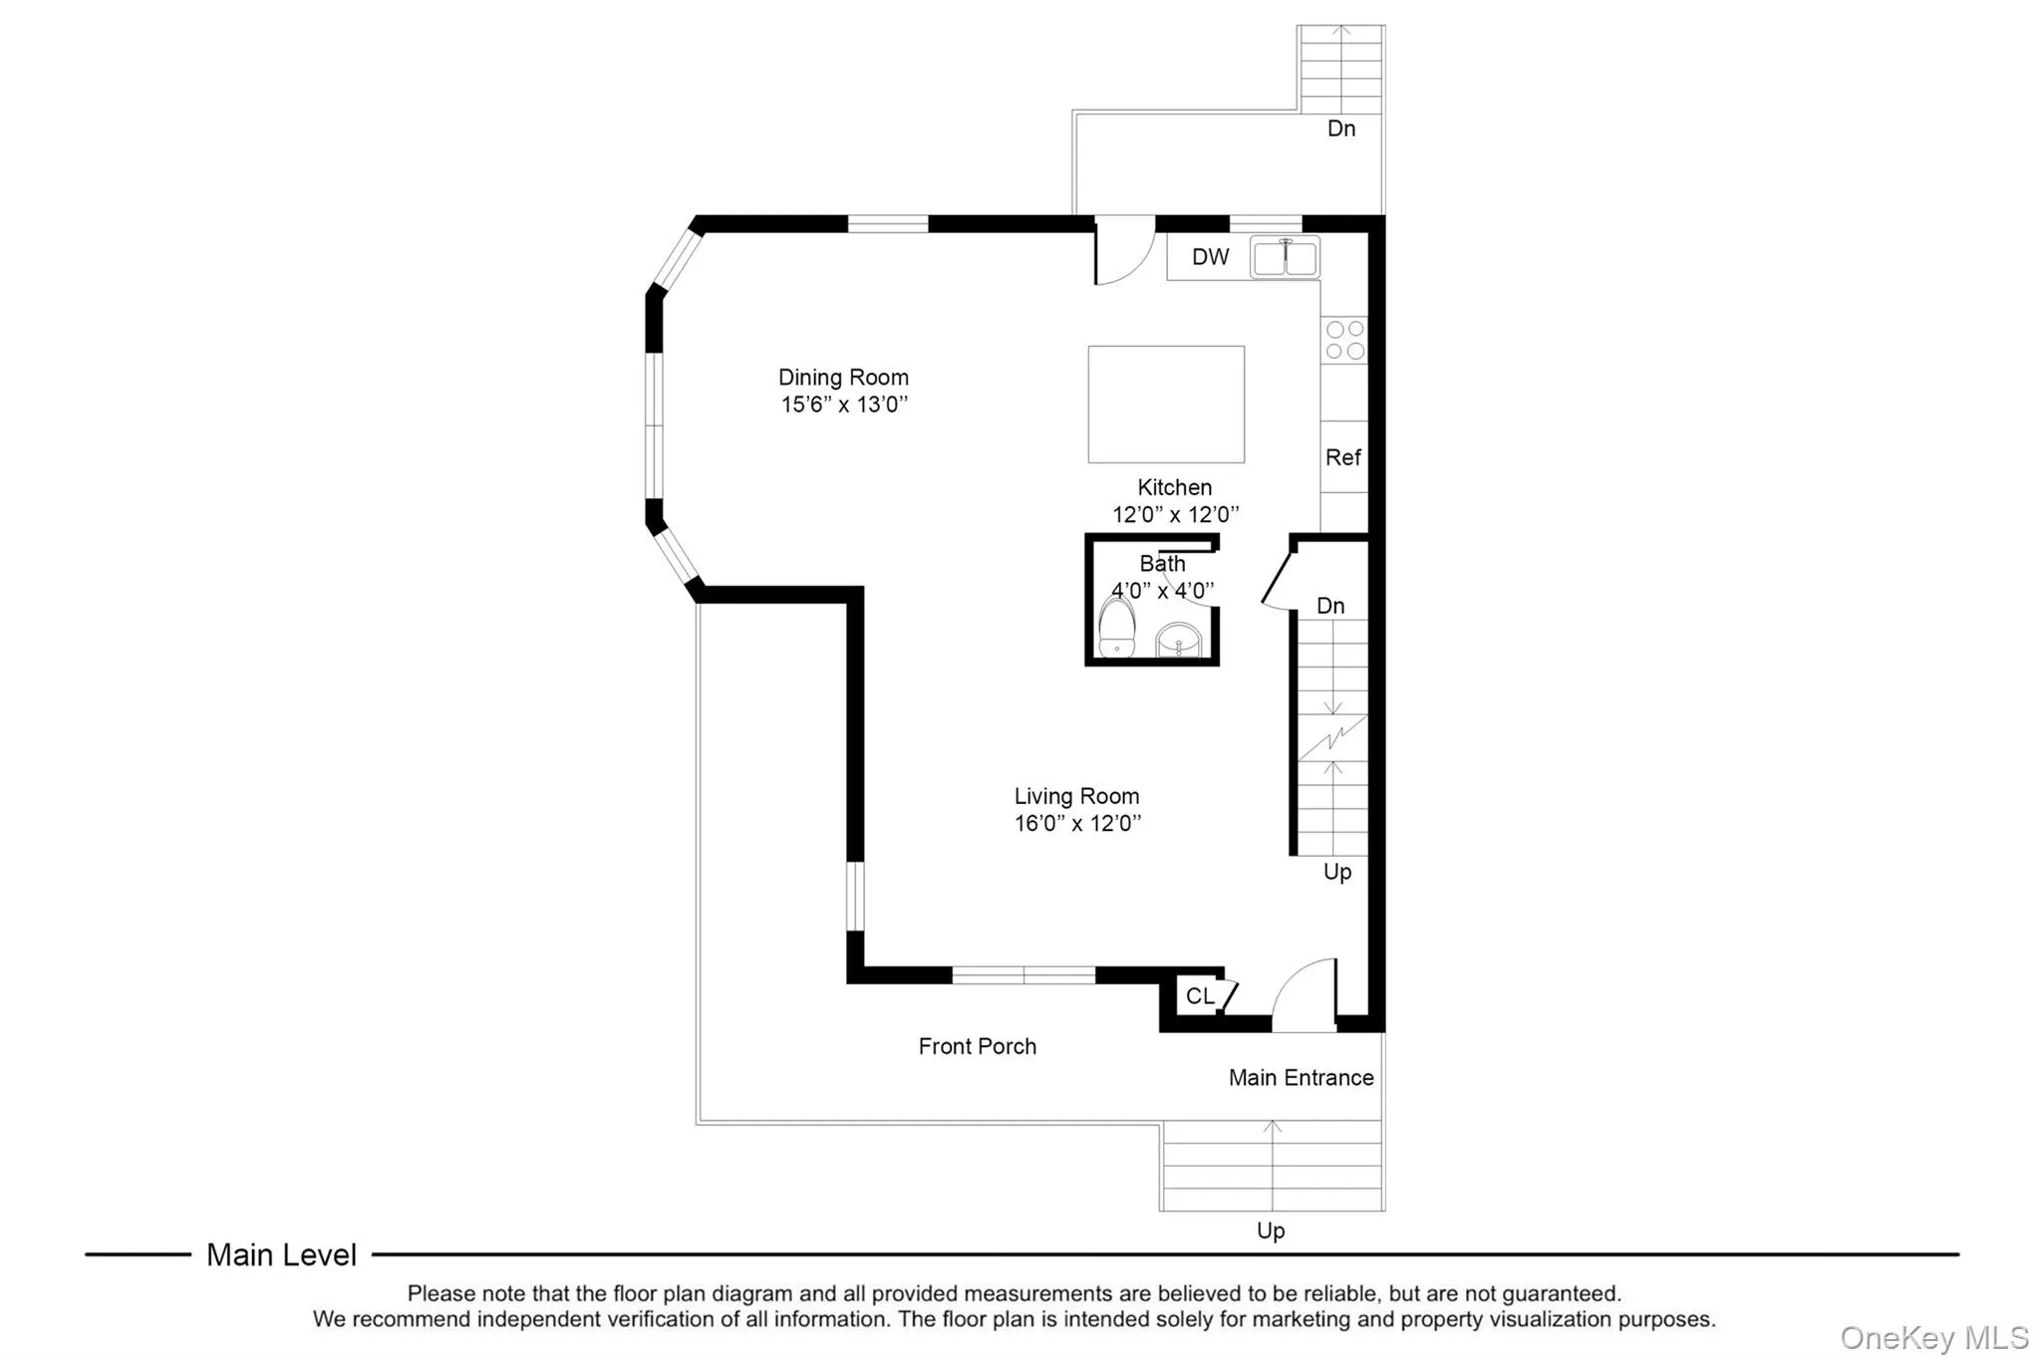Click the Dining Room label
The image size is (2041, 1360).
tap(843, 378)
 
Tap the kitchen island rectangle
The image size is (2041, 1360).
tap(1165, 405)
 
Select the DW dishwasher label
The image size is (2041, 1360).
tap(1210, 257)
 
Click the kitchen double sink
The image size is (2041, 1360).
tap(1285, 257)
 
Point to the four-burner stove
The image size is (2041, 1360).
tap(1344, 340)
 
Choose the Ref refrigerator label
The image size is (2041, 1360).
tap(1342, 457)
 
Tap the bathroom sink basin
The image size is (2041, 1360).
tap(1180, 640)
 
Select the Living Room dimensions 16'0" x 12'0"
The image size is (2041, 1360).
tap(1077, 823)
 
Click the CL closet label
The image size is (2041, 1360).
tap(1200, 995)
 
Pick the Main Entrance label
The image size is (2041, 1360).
tap(1301, 1077)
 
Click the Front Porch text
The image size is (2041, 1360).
tap(977, 1046)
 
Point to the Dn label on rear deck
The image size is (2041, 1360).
tap(1341, 129)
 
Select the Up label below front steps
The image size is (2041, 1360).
tap(1271, 1230)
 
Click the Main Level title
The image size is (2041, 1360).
tap(281, 1254)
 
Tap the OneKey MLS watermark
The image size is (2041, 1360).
tap(1934, 1337)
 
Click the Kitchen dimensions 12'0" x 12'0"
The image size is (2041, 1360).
tap(1175, 514)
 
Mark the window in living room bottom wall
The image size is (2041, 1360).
tap(1023, 974)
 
